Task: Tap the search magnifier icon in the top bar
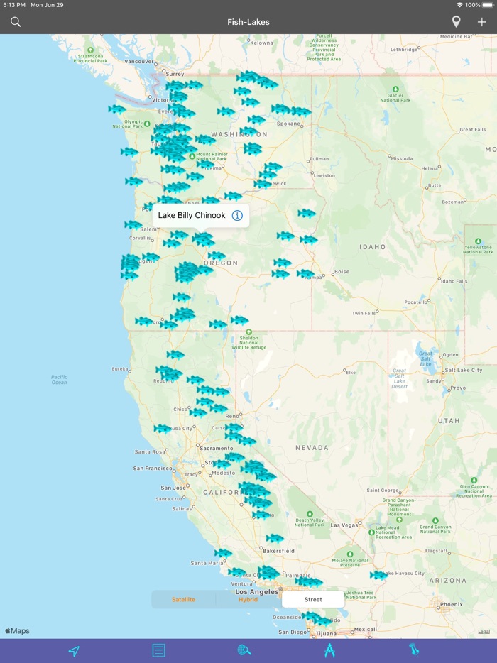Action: pos(16,22)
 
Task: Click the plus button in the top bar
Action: pos(482,22)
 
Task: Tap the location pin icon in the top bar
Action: pos(456,22)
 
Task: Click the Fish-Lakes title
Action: pos(248,22)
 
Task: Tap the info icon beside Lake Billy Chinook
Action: pos(237,215)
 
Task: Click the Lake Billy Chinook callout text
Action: pos(192,215)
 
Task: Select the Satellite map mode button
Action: pos(183,599)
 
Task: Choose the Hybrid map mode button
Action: pos(248,599)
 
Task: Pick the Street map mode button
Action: pos(313,599)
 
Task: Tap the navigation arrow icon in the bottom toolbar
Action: pos(74,650)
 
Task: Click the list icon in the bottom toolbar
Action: pos(159,650)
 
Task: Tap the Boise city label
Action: pos(342,271)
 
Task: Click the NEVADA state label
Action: pos(312,448)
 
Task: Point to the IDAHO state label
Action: pos(372,247)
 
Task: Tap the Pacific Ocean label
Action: pos(60,380)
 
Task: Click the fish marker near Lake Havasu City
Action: pos(378,576)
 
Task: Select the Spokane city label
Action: pos(288,123)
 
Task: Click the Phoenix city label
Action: pos(451,605)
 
